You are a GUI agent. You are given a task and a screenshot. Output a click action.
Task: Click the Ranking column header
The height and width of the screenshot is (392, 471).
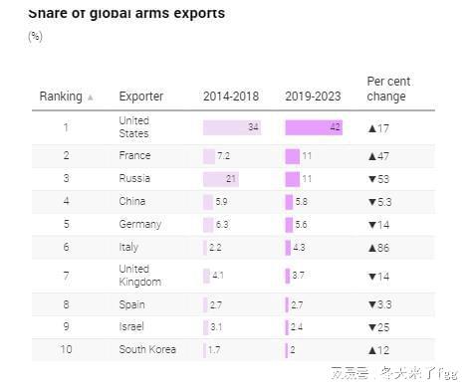coord(60,97)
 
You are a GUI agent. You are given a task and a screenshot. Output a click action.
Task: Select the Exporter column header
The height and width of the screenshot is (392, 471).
coord(141,97)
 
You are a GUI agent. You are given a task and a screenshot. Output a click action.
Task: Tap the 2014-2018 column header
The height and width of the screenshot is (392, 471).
coord(230,97)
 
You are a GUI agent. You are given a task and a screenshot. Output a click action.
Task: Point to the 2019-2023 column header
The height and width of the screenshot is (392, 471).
coord(313,97)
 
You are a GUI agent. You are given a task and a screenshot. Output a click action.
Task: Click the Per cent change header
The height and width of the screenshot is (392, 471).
coord(388,90)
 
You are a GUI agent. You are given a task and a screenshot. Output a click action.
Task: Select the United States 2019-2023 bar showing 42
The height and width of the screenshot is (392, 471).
coord(314,127)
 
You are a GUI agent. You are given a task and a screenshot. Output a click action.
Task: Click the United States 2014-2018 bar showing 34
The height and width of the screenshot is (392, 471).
coord(231,127)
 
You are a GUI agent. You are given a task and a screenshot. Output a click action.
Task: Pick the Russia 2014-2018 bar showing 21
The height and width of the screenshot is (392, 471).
coord(220,179)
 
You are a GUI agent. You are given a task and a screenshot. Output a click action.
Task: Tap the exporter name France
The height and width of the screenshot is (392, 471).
coord(134,156)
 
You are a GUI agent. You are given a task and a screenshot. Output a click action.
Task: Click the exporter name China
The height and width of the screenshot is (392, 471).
coord(132,202)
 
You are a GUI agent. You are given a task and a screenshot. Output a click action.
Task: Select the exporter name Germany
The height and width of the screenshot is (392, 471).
coord(139,225)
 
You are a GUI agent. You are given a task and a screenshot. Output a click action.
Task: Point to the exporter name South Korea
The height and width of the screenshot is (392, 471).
coord(146,350)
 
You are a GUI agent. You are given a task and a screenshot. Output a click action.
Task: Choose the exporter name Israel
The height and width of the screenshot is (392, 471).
coord(131,326)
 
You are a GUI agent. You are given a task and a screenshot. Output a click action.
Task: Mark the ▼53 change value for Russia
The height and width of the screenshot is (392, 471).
coord(380,179)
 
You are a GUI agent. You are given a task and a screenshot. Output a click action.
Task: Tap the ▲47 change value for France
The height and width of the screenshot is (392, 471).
coord(380,156)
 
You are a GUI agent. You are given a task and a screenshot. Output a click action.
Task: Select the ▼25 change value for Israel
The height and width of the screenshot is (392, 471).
coord(380,326)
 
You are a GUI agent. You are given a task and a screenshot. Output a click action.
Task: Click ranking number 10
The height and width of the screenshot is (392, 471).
coord(66,350)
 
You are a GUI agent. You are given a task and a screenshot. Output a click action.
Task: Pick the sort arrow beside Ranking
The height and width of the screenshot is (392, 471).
coord(91,98)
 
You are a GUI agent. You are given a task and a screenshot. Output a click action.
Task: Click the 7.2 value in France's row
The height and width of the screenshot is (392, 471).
coord(223,156)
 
